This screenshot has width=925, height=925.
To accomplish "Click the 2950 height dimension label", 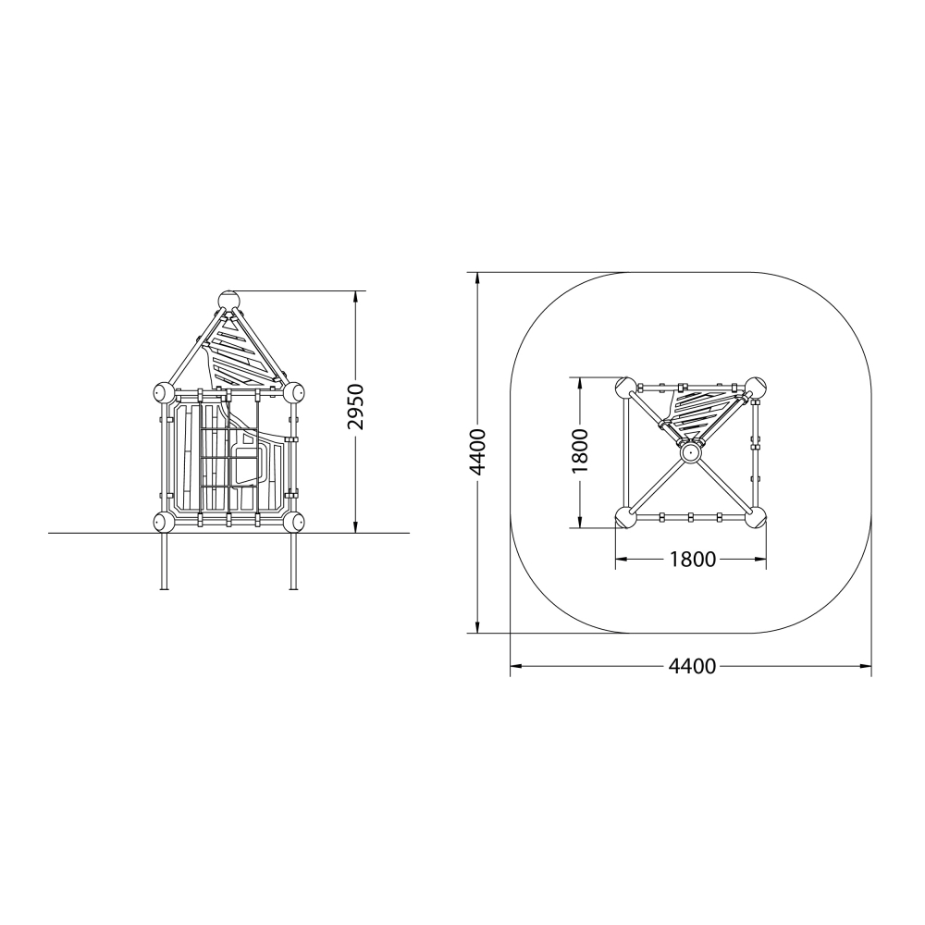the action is pos(356,406).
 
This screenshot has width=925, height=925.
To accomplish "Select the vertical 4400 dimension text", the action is pos(476,452).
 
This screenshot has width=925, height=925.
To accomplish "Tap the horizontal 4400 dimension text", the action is pos(692,666).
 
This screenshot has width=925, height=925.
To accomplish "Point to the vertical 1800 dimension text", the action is pos(581,450).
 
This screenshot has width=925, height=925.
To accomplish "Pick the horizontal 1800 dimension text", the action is pos(692,559).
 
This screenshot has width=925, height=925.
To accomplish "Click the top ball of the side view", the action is pos(229,300).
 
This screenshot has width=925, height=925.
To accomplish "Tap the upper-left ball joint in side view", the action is pos(164,392).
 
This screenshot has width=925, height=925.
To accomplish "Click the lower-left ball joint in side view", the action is pos(164,522).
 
